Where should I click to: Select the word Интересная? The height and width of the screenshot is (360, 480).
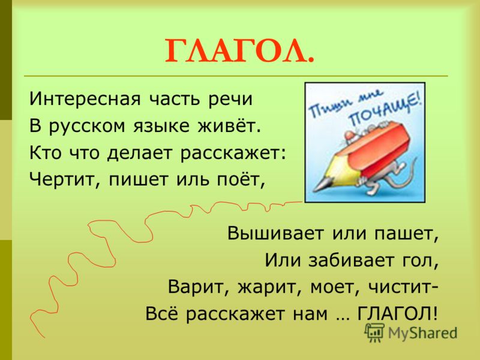coord(85,99)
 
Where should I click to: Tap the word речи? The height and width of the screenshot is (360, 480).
coord(231,100)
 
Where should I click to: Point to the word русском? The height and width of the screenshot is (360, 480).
coord(87,127)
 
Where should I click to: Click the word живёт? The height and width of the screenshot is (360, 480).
coord(229,125)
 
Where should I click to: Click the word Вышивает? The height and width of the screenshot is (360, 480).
coord(275,233)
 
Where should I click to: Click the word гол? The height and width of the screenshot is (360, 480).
coord(419,262)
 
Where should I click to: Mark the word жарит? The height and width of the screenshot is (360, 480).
coord(267,288)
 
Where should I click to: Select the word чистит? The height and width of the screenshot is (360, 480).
coord(400,287)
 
